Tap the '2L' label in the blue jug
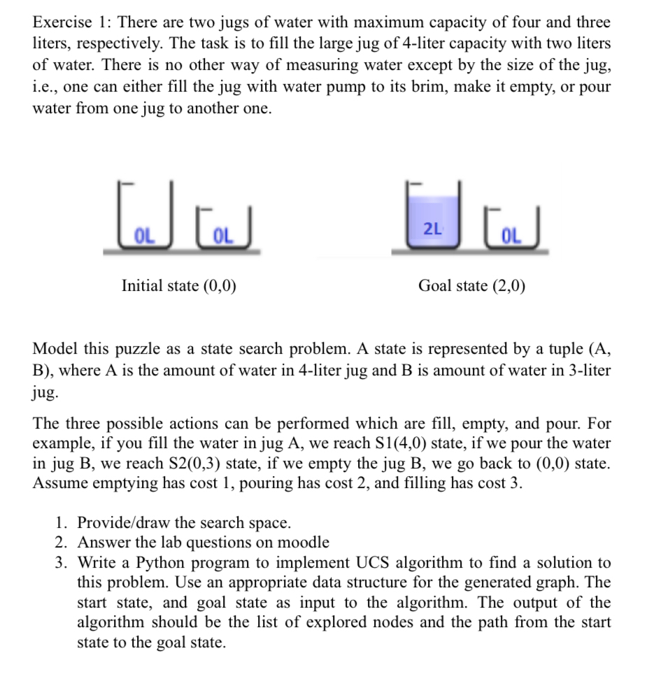tap(432, 228)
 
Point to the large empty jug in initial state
tap(145, 217)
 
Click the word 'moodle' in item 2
tap(303, 542)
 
